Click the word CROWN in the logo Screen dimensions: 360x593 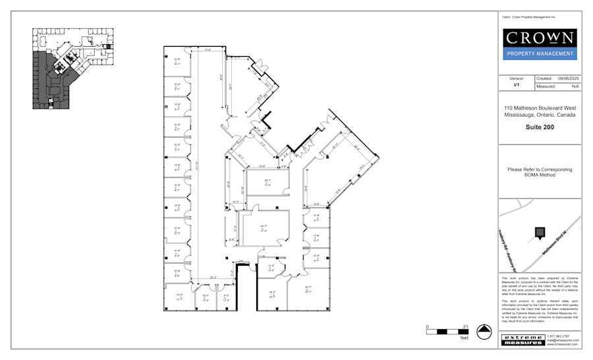click(539, 38)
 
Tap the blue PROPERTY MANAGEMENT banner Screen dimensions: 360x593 click(539, 54)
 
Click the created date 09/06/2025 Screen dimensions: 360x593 click(568, 78)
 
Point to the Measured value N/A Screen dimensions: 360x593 click(575, 86)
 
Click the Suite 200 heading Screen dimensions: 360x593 click(539, 127)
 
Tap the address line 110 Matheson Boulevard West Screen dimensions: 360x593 click(539, 107)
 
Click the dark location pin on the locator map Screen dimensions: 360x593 click(540, 232)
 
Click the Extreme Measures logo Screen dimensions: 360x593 click(523, 340)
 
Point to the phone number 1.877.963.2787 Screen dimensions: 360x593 click(558, 336)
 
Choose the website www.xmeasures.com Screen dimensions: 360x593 click(561, 344)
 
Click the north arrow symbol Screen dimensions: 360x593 click(484, 332)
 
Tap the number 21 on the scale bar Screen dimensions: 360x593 click(465, 327)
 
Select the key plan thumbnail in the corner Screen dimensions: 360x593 click(73, 68)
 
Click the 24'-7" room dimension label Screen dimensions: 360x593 click(264, 227)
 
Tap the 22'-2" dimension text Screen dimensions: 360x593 click(212, 277)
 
